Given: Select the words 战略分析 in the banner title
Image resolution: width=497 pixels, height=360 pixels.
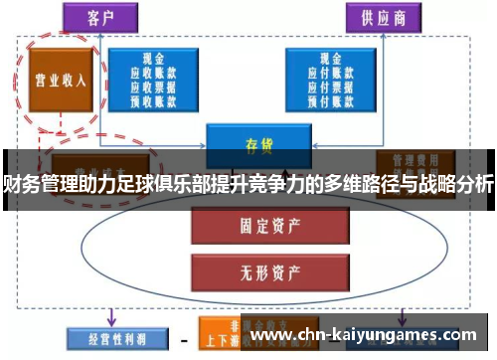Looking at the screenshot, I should (x=452, y=183).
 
